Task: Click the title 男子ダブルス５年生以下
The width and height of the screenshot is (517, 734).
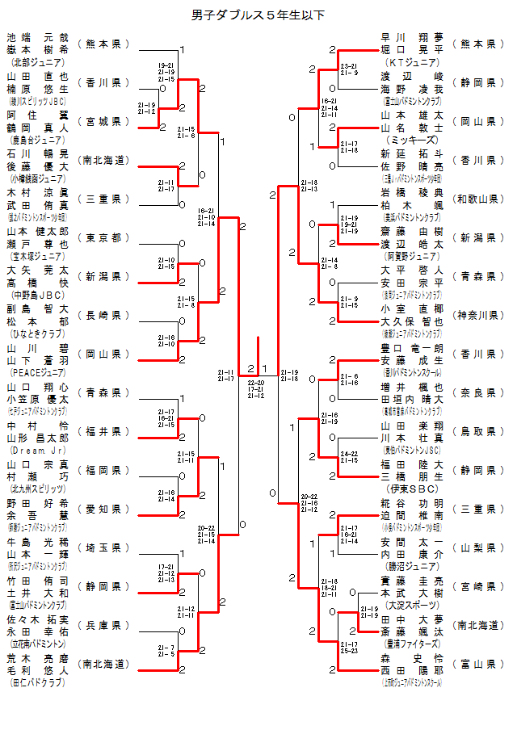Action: [x=258, y=15]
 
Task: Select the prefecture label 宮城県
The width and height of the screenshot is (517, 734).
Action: [x=103, y=121]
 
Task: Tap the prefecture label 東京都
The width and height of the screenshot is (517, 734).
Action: [x=103, y=237]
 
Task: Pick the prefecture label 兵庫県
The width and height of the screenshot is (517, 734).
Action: [x=103, y=625]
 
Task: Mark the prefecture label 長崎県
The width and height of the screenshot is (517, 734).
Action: [x=103, y=315]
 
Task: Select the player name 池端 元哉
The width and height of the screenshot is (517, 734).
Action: [x=38, y=37]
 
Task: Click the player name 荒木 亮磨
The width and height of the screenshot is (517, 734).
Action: [x=38, y=657]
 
